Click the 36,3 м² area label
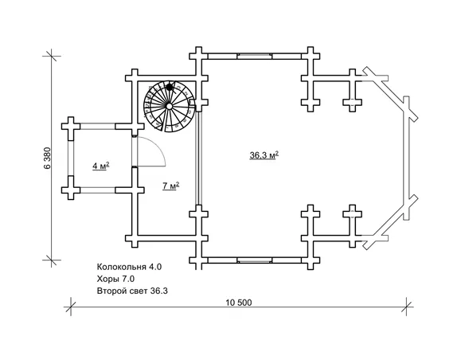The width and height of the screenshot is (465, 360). (264, 155)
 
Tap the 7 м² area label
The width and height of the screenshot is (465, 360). (171, 186)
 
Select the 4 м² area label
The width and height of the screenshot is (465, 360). (101, 166)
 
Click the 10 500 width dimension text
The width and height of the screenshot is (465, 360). (239, 303)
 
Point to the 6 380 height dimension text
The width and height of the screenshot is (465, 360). (48, 158)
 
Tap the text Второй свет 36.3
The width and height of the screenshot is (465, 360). (132, 291)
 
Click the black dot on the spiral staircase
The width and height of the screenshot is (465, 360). (170, 87)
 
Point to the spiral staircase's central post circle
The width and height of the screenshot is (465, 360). (169, 106)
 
